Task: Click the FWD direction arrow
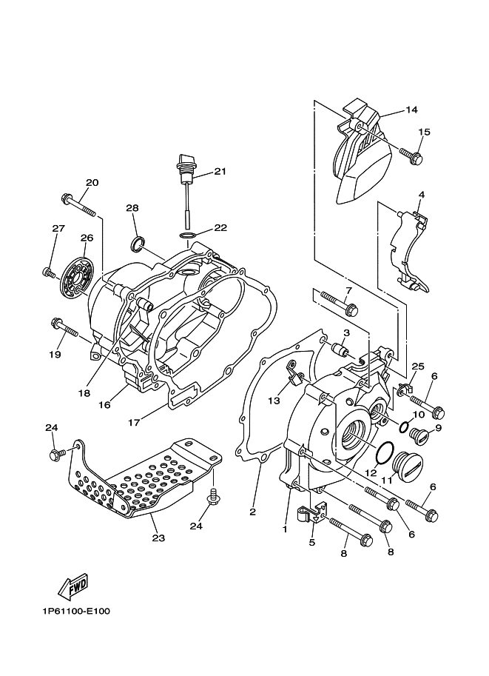[73, 586]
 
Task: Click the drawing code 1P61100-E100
[76, 612]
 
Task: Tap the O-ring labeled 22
[187, 235]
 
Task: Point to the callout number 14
[411, 110]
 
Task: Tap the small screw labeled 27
[48, 272]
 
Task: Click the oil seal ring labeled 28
[138, 244]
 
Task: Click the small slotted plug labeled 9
[418, 436]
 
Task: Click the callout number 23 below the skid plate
[158, 538]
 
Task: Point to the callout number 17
[134, 423]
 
